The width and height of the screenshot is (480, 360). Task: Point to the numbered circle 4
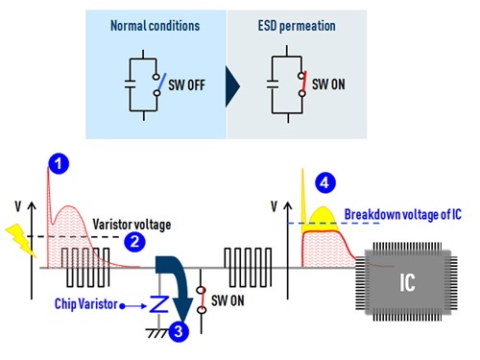(x=326, y=180)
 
